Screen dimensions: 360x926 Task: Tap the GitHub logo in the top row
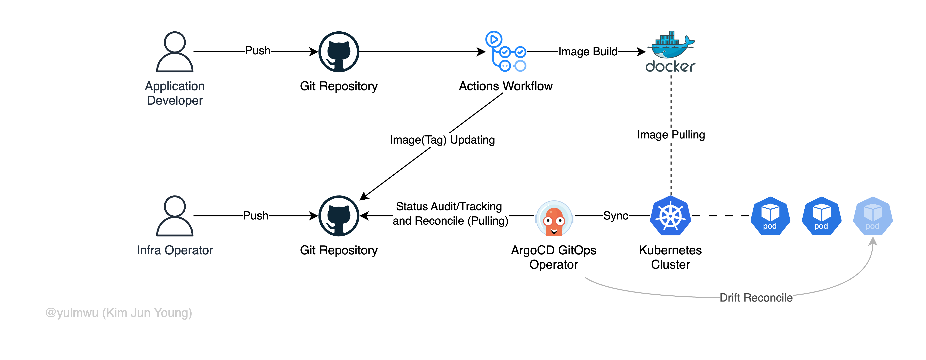339,52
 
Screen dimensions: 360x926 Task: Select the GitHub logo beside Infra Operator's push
339,216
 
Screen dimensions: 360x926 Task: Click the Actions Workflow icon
505,51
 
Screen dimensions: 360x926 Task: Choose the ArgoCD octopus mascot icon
554,218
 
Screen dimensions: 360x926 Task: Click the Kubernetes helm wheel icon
670,216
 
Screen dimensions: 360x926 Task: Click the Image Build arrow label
588,52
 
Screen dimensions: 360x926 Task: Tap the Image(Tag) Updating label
442,139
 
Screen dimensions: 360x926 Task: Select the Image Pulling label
671,135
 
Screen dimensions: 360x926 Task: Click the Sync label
615,216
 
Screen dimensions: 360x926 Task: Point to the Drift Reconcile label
756,298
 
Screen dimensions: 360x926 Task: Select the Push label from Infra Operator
256,216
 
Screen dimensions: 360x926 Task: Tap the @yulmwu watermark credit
119,313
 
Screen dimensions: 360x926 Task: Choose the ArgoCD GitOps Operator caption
554,257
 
